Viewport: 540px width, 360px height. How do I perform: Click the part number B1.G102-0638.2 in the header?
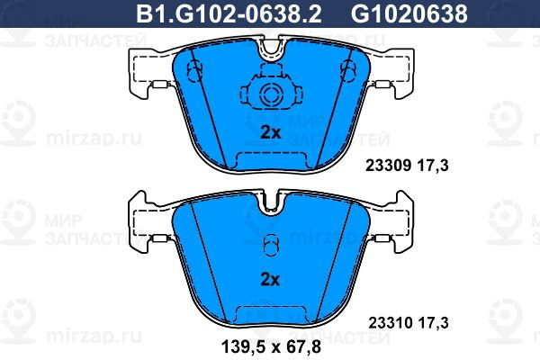(229, 13)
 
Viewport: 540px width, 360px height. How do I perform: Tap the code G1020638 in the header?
(409, 13)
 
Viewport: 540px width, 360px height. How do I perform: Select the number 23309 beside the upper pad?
(388, 166)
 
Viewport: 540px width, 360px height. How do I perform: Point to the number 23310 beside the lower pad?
(391, 323)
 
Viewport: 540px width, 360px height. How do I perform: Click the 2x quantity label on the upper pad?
(270, 132)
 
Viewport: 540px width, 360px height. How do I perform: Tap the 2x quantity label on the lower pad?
(270, 280)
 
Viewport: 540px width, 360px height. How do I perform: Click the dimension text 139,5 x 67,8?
(272, 346)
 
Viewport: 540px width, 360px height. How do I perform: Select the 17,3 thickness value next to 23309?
(433, 166)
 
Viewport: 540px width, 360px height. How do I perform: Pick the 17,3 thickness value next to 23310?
(433, 323)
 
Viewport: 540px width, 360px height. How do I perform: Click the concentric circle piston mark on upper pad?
(271, 94)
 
